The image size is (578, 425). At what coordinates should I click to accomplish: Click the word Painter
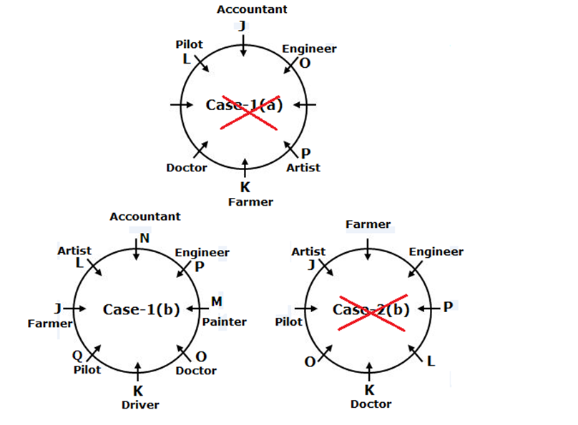click(224, 322)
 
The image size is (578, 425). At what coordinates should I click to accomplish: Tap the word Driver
click(140, 405)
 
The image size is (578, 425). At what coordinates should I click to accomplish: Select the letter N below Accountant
click(145, 239)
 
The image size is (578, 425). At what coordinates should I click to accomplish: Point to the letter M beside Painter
click(217, 301)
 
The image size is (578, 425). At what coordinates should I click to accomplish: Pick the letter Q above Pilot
click(77, 356)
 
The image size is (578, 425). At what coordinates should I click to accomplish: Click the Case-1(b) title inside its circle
click(141, 310)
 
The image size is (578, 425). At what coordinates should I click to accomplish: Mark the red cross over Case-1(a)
click(250, 113)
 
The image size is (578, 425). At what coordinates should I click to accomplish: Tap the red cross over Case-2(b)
click(373, 313)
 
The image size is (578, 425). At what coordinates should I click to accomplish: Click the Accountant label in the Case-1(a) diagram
click(252, 9)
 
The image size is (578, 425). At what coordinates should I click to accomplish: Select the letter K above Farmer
click(245, 187)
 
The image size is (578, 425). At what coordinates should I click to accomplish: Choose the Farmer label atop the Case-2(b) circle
click(368, 224)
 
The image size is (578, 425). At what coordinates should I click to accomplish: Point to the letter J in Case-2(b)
click(312, 264)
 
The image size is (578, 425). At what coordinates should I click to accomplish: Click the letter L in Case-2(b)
click(431, 361)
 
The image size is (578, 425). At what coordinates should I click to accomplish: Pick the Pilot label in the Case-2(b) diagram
click(288, 322)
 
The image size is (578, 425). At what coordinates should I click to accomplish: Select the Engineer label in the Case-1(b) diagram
click(202, 253)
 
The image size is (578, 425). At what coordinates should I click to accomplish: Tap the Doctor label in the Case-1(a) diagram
click(187, 168)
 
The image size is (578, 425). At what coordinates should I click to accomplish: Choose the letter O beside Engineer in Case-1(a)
click(305, 64)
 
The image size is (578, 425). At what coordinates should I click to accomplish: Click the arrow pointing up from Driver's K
click(137, 371)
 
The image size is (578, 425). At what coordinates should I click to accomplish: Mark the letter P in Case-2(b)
click(448, 306)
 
